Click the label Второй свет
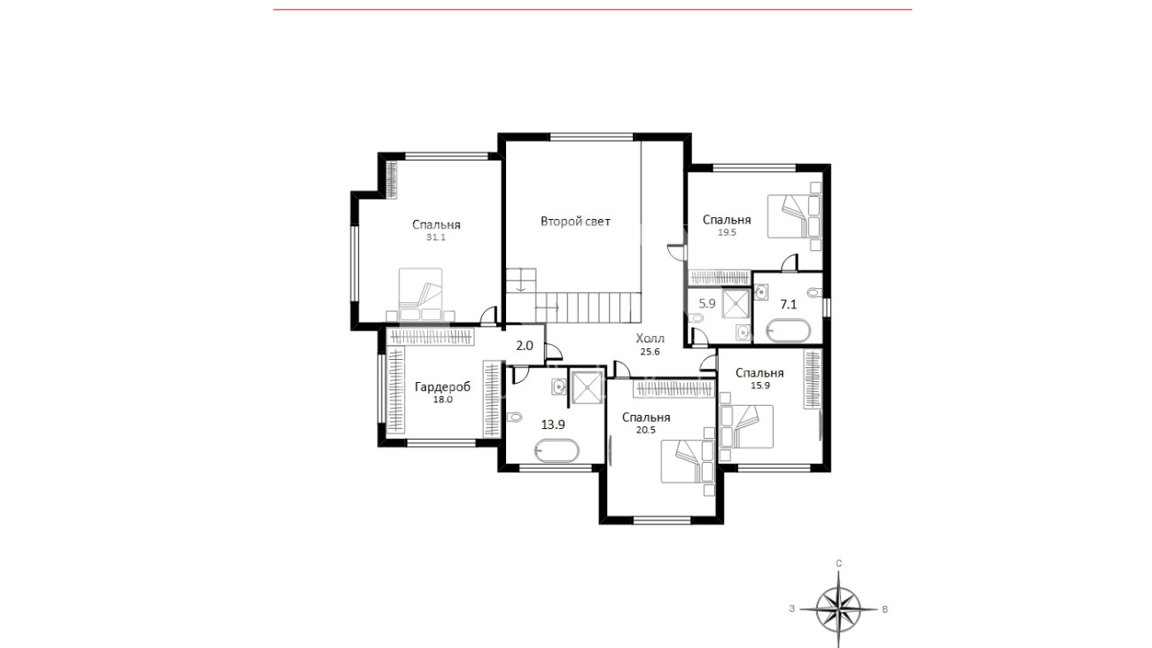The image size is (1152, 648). [x=575, y=222]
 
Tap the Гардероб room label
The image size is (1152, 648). [x=442, y=386]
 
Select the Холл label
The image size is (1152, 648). [x=650, y=339]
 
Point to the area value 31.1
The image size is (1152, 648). [x=436, y=238]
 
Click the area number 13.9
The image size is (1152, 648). [x=553, y=425]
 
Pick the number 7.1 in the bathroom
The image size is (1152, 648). [x=789, y=304]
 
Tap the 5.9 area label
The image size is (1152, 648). [x=707, y=303]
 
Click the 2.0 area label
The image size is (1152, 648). [x=525, y=346]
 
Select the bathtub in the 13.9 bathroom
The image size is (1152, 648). [x=557, y=451]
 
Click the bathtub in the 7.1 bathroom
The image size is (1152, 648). [x=789, y=331]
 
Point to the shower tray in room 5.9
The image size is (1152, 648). [x=736, y=304]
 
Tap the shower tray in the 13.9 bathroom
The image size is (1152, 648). [x=587, y=387]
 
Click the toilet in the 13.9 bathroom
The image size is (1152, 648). [x=514, y=418]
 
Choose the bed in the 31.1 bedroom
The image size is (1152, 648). [x=421, y=293]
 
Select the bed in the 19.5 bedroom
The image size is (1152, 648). [x=794, y=216]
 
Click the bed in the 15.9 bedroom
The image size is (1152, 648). [x=747, y=426]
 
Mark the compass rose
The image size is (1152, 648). [x=839, y=609]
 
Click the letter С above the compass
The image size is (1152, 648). [x=839, y=564]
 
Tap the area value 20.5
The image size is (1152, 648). [x=646, y=431]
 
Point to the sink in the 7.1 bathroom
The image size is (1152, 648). [x=761, y=293]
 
